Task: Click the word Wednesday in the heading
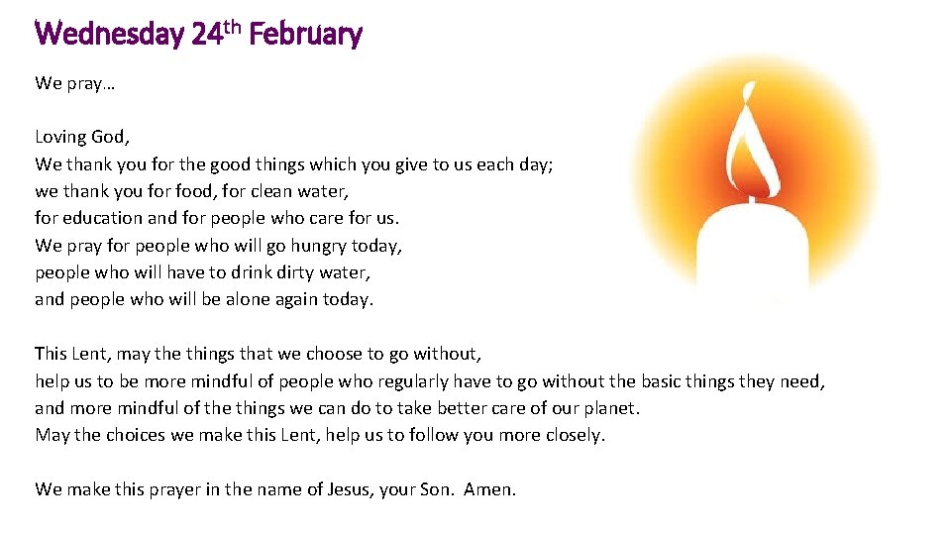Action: (109, 35)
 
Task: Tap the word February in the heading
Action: (306, 35)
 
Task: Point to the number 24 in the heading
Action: (207, 35)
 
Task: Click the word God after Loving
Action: (108, 138)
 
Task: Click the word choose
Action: (335, 354)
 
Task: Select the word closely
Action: (574, 435)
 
